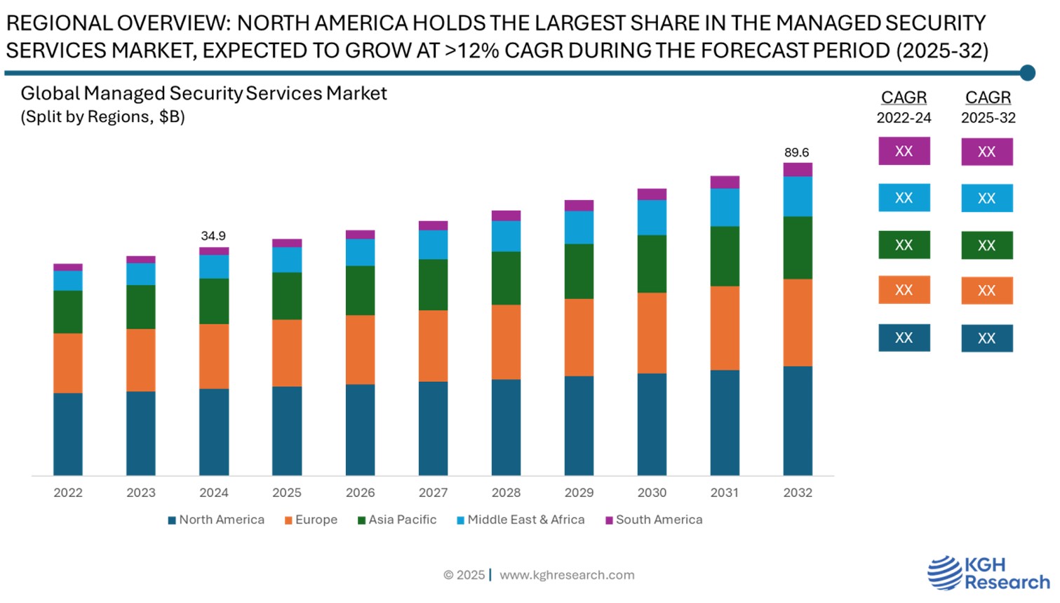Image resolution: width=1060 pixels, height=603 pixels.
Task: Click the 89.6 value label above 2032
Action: click(796, 152)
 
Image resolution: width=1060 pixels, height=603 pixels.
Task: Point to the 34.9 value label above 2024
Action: click(213, 236)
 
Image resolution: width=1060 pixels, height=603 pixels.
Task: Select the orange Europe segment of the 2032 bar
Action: click(798, 322)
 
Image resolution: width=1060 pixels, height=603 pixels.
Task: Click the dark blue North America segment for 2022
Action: click(68, 434)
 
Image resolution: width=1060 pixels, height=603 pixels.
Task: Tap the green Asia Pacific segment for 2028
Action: click(506, 278)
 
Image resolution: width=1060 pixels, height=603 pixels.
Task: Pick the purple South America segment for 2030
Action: click(652, 194)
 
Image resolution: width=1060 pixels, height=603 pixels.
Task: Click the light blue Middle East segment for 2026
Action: click(360, 252)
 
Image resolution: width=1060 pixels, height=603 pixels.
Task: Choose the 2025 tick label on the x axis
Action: click(287, 493)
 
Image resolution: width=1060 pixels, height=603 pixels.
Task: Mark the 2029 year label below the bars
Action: click(579, 493)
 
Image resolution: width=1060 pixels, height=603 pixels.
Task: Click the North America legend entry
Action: click(216, 520)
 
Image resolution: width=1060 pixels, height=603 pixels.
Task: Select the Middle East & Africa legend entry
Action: click(521, 520)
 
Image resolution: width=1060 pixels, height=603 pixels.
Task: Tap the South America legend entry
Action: click(654, 520)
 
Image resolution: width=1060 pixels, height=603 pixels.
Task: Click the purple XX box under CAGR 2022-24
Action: click(904, 151)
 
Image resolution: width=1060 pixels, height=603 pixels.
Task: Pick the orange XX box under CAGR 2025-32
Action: click(986, 291)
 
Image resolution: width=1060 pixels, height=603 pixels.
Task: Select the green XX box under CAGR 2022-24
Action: click(904, 245)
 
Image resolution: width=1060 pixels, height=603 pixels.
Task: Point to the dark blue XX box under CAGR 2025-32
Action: click(986, 338)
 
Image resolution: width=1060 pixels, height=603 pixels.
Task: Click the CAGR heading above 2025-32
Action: click(988, 98)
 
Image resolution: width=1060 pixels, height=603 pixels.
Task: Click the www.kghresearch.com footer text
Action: click(567, 575)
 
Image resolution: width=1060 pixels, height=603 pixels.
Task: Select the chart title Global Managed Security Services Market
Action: click(203, 93)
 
